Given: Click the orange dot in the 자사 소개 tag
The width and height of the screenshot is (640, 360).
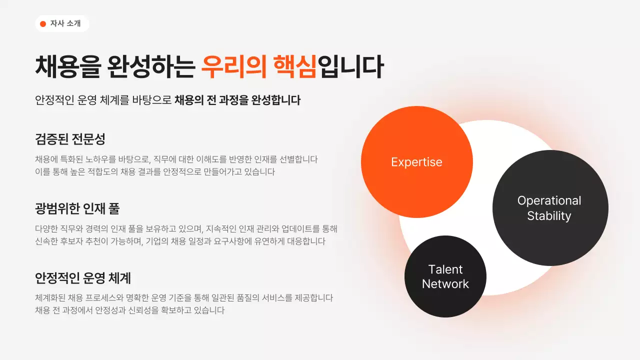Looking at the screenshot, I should pos(43,23).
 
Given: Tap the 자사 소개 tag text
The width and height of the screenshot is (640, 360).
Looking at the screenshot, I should pos(65,23).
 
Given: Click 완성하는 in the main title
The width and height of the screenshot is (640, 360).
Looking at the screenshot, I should pos(150,67).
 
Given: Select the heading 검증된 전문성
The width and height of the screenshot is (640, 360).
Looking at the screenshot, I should pos(70,138).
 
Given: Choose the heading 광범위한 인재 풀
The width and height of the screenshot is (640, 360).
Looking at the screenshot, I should pos(77,208).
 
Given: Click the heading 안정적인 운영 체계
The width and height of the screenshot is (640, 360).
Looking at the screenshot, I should pos(82,277).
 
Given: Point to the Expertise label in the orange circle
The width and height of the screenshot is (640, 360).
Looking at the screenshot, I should pos(416,162).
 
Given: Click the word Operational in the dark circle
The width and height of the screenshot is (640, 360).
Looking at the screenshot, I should pos(549,200).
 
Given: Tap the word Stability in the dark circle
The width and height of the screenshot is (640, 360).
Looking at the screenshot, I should pos(549,216).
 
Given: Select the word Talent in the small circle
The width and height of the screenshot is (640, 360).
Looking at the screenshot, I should pos(445,269).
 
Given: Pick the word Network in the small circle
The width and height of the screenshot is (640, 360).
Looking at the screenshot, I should pos(445,284).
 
